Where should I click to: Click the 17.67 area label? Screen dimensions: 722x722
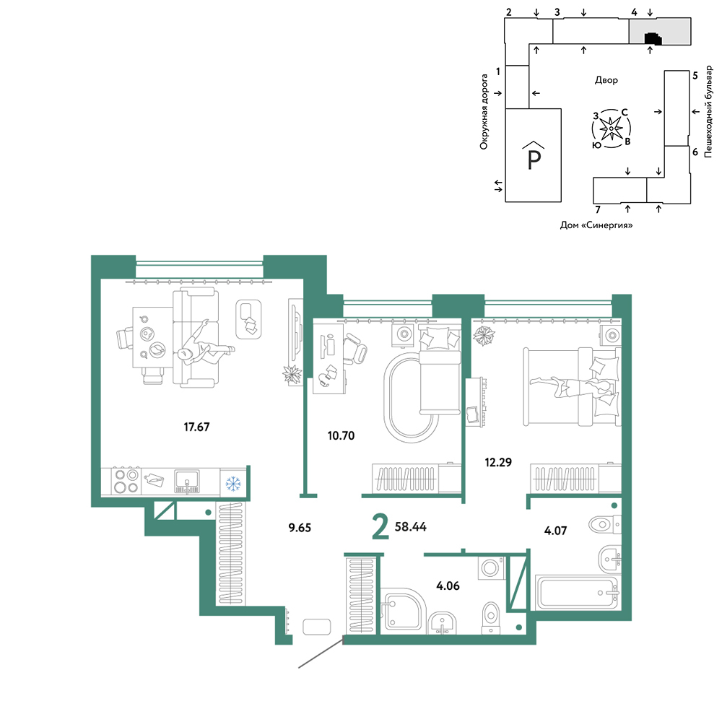click(x=196, y=427)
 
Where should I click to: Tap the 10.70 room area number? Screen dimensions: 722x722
click(x=342, y=435)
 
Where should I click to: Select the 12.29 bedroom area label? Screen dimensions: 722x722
click(x=498, y=462)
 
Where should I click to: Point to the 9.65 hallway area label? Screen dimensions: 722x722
click(x=300, y=528)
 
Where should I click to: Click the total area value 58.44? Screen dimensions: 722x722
click(x=411, y=526)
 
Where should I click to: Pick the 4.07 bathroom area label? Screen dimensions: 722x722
click(x=556, y=531)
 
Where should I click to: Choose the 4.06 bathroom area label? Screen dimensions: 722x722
click(x=448, y=586)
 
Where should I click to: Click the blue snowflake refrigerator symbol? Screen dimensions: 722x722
click(x=233, y=484)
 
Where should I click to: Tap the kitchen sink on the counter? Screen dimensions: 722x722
click(x=187, y=481)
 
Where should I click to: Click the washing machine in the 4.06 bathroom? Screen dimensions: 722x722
click(x=492, y=568)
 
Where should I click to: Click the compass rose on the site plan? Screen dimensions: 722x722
click(x=611, y=129)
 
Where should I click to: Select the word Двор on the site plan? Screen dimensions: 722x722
click(x=606, y=80)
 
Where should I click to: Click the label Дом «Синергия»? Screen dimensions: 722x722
click(x=596, y=225)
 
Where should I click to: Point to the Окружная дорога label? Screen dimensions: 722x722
click(x=484, y=112)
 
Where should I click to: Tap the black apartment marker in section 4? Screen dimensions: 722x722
click(x=653, y=39)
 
